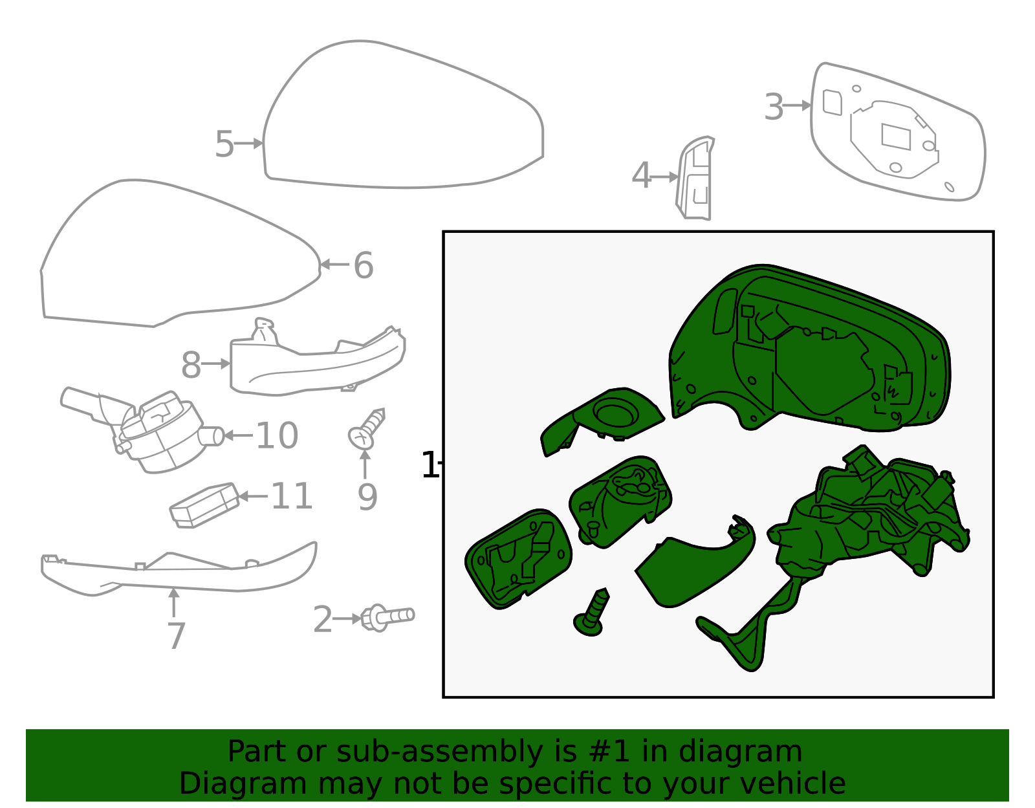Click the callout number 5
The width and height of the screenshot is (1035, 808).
(224, 144)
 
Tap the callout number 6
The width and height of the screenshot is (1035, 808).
(364, 266)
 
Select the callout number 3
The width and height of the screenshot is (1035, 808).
(774, 107)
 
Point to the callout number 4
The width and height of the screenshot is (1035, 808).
(640, 176)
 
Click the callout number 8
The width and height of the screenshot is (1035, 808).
(191, 366)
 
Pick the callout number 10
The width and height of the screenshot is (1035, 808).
(277, 436)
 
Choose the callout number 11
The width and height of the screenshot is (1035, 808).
(291, 497)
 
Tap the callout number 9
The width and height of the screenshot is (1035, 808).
(367, 497)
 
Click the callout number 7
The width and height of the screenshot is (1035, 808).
(176, 637)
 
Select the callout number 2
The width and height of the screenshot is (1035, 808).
(322, 620)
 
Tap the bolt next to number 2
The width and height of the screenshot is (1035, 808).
(388, 617)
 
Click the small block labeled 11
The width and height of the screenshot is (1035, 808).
(204, 505)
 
